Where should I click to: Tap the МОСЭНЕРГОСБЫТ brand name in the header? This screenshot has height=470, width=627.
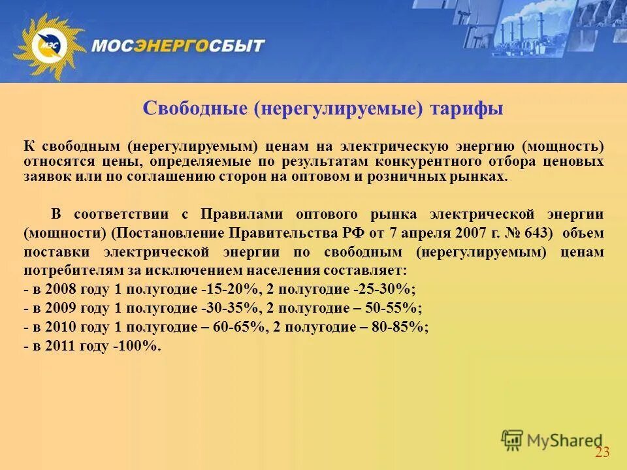coord(178,46)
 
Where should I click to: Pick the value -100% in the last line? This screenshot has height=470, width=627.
coord(137,347)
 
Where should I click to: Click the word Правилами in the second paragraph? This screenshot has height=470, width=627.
coord(244,214)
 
